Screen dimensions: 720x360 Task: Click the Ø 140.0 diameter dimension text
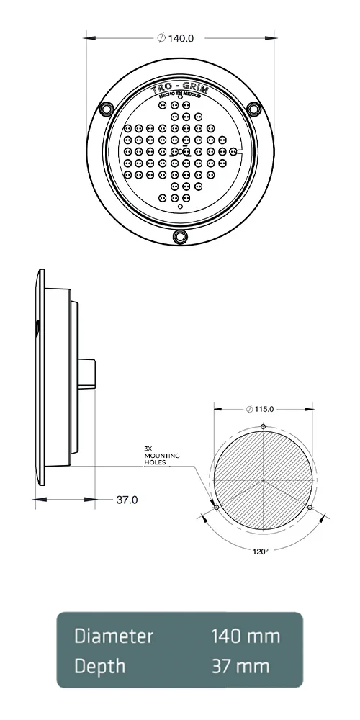pyautogui.click(x=176, y=38)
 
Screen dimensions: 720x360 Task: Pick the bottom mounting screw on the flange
pyautogui.click(x=180, y=236)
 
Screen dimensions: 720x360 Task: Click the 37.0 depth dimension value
pyautogui.click(x=127, y=499)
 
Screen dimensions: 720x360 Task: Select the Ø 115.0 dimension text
pyautogui.click(x=261, y=409)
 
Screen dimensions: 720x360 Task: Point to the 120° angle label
pyautogui.click(x=261, y=551)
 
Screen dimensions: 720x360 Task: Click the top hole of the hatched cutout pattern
pyautogui.click(x=264, y=427)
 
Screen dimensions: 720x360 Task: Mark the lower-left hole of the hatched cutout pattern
pyautogui.click(x=217, y=508)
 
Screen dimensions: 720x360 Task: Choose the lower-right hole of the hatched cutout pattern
pyautogui.click(x=310, y=508)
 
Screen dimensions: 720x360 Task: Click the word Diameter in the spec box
pyautogui.click(x=114, y=636)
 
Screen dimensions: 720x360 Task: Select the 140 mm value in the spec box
pyautogui.click(x=245, y=636)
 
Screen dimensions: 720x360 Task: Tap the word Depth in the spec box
pyautogui.click(x=100, y=666)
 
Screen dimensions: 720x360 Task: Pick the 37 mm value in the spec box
pyautogui.click(x=240, y=666)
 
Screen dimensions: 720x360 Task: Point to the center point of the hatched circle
pyautogui.click(x=264, y=480)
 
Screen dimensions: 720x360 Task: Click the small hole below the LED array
pyautogui.click(x=180, y=209)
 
